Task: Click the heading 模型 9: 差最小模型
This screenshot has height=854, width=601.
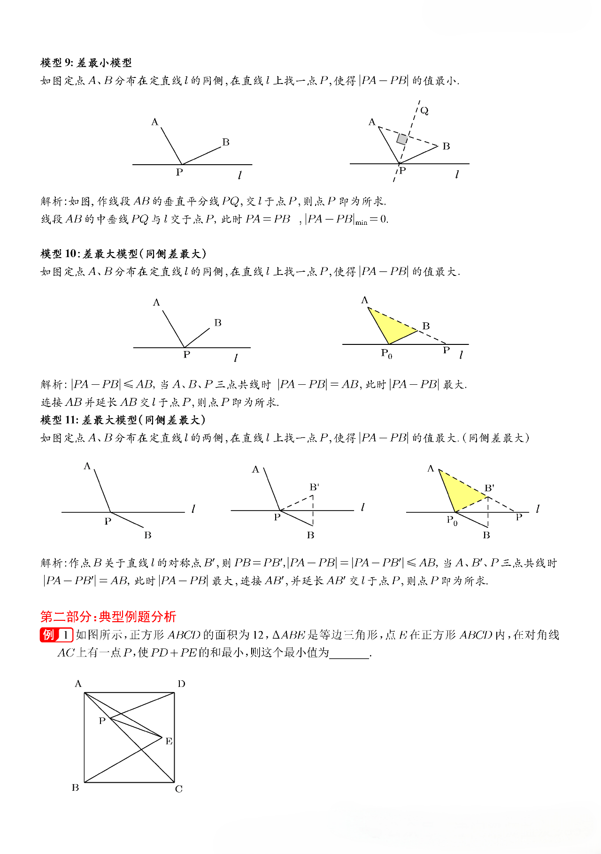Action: (86, 63)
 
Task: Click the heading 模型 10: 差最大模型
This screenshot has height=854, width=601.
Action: (123, 254)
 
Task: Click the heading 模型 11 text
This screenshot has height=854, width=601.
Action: (123, 420)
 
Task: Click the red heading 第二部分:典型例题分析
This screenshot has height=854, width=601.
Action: (108, 617)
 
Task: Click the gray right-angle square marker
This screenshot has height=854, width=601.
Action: (402, 139)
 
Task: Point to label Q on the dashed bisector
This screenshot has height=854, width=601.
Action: (424, 111)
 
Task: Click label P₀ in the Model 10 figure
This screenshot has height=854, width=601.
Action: (386, 353)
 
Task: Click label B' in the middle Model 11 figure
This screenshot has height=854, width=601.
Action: (314, 487)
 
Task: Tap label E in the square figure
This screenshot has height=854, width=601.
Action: (169, 741)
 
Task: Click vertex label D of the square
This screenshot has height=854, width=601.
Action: (181, 684)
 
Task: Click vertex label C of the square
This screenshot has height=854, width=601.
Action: (179, 789)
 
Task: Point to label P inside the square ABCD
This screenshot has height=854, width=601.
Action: (102, 721)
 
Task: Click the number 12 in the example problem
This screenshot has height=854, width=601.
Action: (258, 635)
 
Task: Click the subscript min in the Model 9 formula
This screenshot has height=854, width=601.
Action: (361, 223)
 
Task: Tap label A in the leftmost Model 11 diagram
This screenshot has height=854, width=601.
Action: (87, 466)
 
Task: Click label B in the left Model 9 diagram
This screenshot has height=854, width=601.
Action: (226, 142)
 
